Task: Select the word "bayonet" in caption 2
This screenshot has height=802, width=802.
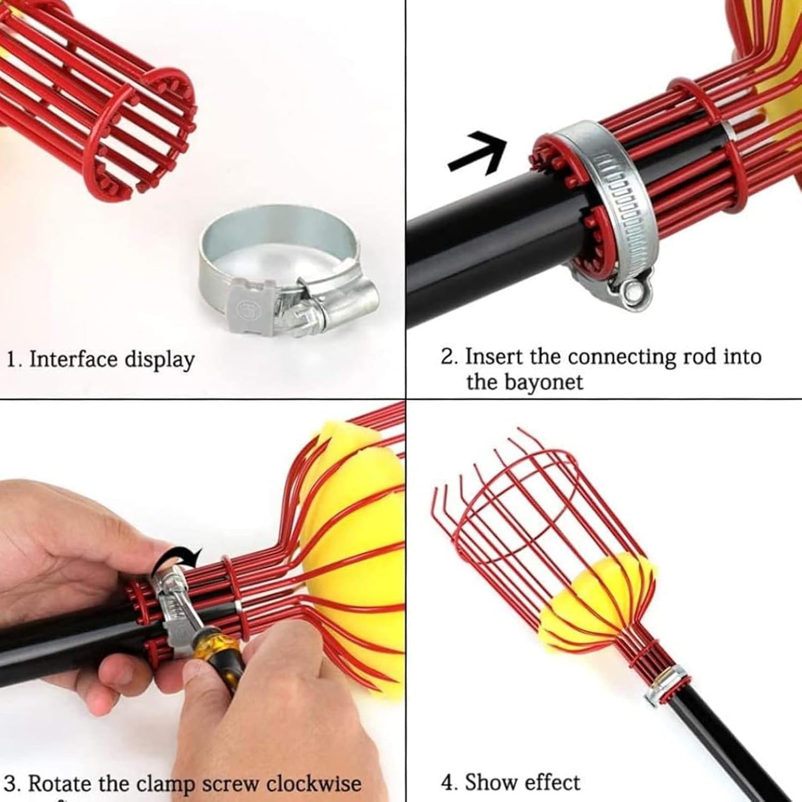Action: pyautogui.click(x=524, y=382)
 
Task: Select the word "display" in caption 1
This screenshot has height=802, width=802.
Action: pyautogui.click(x=160, y=360)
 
